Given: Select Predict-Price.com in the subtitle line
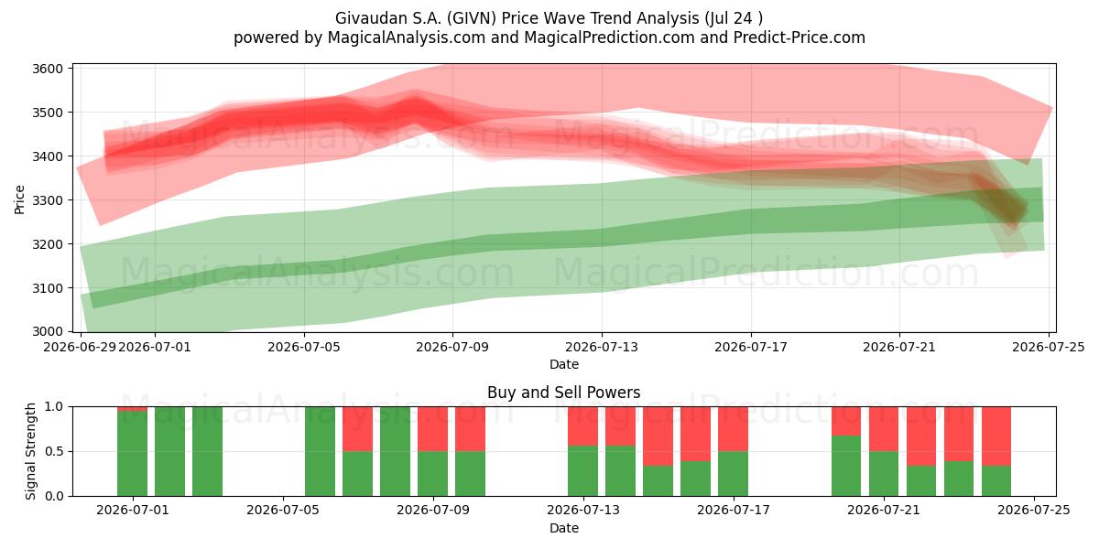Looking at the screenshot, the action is coord(800,38).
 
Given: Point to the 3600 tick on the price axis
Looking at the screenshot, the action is coord(48,69).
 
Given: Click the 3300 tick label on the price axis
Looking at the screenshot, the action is coord(48,200).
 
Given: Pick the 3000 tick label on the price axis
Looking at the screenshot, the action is coord(48,332).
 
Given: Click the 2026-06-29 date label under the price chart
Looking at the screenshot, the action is coord(80,347).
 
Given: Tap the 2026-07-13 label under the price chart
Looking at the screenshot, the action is coord(602,347).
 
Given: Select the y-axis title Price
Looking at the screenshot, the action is coord(19,199).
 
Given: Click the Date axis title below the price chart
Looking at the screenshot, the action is coord(564,364).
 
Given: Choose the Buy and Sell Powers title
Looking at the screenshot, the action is coord(564,393).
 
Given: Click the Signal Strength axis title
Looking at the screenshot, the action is coord(30,451).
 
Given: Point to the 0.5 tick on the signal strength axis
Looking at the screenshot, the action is coord(54,451).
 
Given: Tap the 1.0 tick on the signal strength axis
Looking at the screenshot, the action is coord(54,407).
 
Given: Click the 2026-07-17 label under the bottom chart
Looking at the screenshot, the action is coord(734,511).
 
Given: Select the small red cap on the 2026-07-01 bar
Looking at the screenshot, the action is coord(133,409).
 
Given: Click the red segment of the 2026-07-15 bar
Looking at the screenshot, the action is coord(658,436).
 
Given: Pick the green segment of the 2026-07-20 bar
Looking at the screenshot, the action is coord(846,466).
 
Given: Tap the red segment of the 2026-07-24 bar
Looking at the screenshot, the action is coord(996,436).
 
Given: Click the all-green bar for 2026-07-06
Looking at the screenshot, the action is coord(321,451).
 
